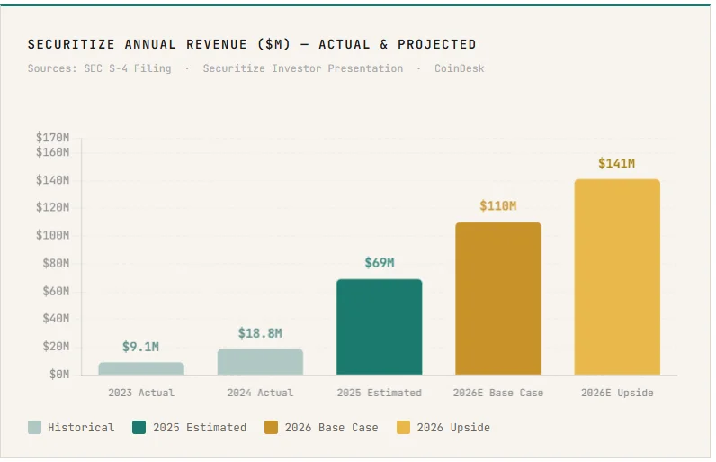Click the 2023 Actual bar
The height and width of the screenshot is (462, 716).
[x=141, y=368]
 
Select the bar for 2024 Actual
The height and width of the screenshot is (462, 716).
[x=260, y=362]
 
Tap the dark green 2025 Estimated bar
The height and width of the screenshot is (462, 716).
[x=379, y=327]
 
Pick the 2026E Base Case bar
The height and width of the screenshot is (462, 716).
[x=498, y=298]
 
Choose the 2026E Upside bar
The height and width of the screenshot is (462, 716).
[x=617, y=276]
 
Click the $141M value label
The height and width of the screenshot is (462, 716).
[x=617, y=163]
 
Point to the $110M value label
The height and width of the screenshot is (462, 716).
[x=498, y=206]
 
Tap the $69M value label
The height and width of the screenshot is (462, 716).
[x=379, y=263]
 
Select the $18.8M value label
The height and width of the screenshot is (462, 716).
[x=260, y=333]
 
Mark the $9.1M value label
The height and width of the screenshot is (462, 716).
[x=141, y=347]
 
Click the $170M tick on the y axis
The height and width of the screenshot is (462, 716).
[x=52, y=138]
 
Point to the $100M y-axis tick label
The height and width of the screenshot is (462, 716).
[x=52, y=235]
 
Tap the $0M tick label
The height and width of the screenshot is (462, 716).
[x=56, y=374]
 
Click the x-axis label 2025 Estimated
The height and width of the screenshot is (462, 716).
[x=379, y=393]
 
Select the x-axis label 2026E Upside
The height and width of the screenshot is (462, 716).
[x=617, y=393]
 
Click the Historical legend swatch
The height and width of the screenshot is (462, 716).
[x=35, y=428]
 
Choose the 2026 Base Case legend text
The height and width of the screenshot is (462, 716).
[x=331, y=428]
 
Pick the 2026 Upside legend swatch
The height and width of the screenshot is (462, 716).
[x=404, y=428]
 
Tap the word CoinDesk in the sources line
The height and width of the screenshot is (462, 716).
[x=459, y=68]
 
